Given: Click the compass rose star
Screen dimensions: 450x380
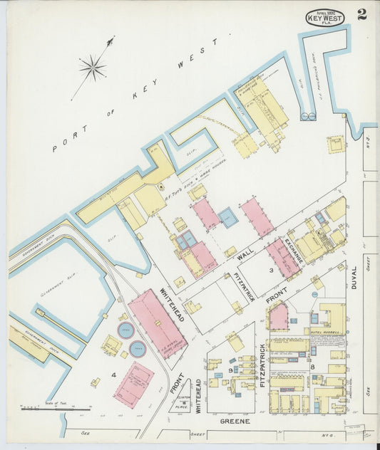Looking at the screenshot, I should point(93,68).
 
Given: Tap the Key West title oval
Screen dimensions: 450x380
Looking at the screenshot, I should point(325,18).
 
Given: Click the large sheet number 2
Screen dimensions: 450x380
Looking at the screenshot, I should point(362,15).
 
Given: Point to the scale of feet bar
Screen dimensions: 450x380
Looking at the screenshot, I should point(56,409).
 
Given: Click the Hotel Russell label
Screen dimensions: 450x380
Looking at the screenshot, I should point(327,332).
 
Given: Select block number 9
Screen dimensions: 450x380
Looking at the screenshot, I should point(230,369).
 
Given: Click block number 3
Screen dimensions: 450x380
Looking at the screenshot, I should point(271,271).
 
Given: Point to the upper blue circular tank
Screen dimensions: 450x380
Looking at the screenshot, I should point(125,330).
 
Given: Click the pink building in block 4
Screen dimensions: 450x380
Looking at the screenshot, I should point(133,384).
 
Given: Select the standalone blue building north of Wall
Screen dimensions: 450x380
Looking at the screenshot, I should point(228,217).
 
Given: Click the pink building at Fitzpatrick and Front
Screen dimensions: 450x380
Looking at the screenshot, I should point(279,315).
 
